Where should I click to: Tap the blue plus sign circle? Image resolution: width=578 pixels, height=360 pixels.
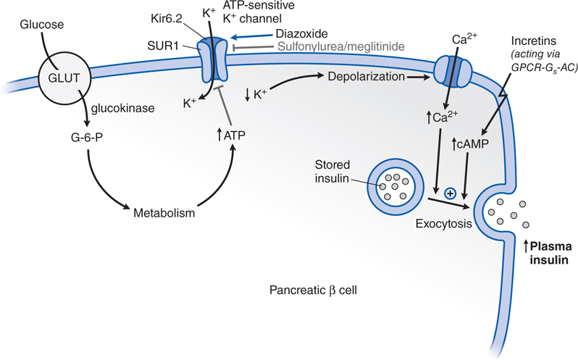(x=449, y=193)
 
